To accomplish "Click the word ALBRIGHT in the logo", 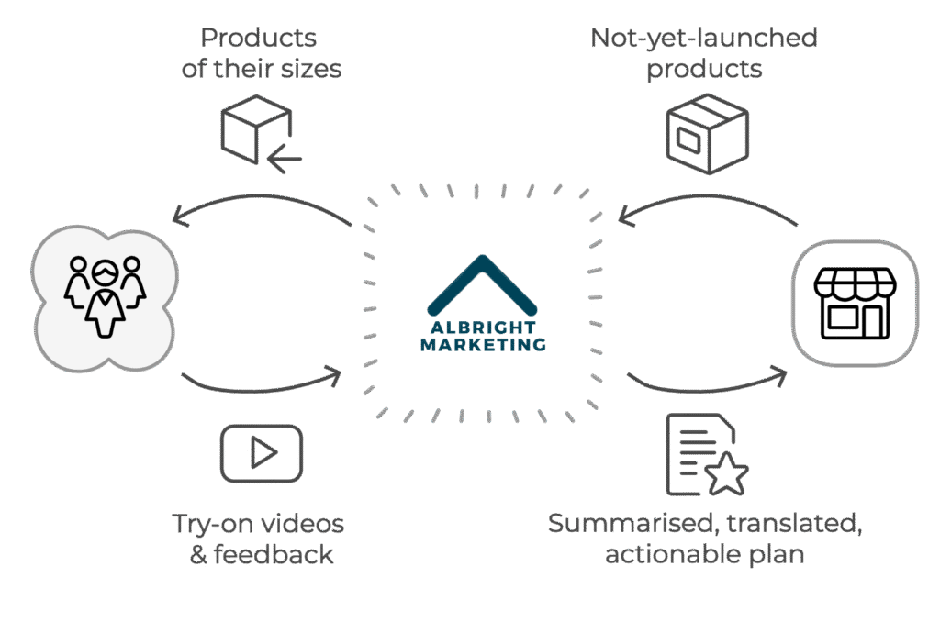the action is [x=483, y=328].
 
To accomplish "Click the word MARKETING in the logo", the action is [x=483, y=345].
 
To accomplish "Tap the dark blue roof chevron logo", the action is [x=482, y=284].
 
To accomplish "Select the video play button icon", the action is [x=262, y=453].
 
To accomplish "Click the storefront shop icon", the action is [x=855, y=304].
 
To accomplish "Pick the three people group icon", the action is [x=105, y=296].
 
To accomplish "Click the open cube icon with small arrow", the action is [x=260, y=134].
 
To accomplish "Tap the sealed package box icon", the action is [x=708, y=134].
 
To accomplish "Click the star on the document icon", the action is [x=727, y=474].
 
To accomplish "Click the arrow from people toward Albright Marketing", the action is [x=262, y=390].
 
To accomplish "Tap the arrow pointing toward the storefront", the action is [x=708, y=390].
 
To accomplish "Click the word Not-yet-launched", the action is [x=704, y=38].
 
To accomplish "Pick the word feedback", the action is [x=274, y=554].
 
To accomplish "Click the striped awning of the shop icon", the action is [x=855, y=283].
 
